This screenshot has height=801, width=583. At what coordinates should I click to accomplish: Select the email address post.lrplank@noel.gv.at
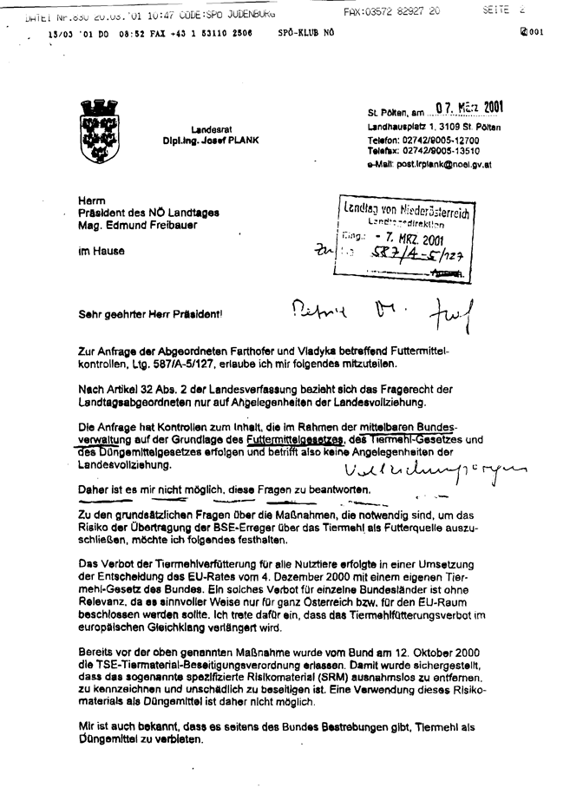pos(443,163)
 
